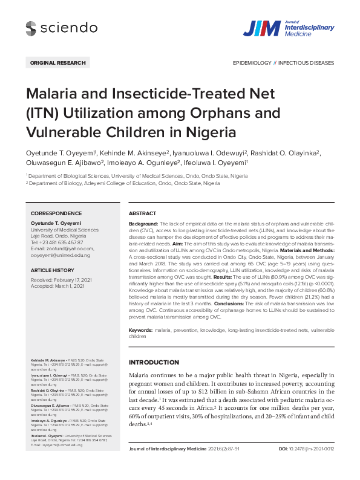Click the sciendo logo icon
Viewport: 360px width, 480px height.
tap(31, 27)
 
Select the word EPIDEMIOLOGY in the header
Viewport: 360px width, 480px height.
tap(252, 62)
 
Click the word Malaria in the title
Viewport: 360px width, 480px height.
tap(51, 94)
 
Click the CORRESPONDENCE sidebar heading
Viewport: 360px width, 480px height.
tap(56, 213)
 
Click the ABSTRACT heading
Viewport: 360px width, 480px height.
tap(142, 213)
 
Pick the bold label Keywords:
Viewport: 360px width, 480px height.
tap(141, 331)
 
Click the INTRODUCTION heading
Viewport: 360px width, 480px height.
tap(154, 363)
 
